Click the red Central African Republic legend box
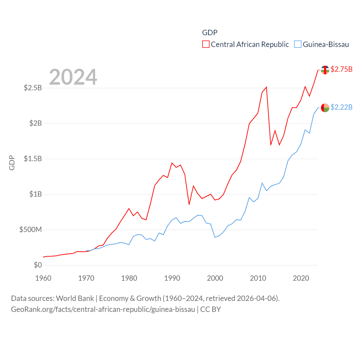206,44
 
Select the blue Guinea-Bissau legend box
298,44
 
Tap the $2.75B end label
341,69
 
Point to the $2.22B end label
341,107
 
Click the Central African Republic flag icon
325,70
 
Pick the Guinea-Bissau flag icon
325,108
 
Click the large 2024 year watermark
73,77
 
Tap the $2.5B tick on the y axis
33,88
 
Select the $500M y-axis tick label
31,230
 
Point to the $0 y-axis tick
38,265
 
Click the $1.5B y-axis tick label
33,159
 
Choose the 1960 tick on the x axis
43,278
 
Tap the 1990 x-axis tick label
172,278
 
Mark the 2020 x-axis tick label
301,278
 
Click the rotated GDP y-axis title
12,163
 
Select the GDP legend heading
210,33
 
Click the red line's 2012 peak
266,87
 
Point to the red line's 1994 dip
189,204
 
